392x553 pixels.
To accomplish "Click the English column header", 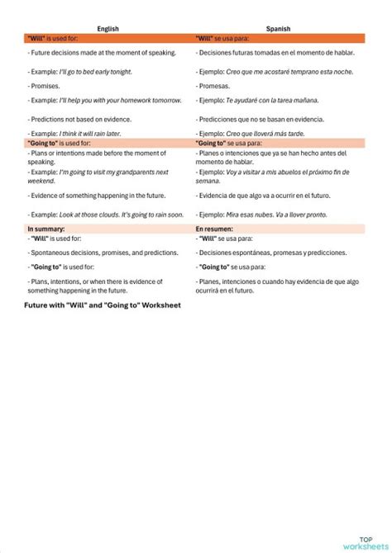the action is [x=108, y=29].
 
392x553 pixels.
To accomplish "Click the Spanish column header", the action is [x=278, y=29].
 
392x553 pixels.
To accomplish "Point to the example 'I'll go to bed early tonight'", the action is [x=79, y=72].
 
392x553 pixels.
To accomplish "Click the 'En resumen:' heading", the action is [x=214, y=229].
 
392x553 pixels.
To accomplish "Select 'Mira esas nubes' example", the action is [x=262, y=215].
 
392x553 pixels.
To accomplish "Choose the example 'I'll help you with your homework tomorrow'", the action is [x=104, y=100].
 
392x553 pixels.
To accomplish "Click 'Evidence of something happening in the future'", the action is [x=97, y=196].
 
